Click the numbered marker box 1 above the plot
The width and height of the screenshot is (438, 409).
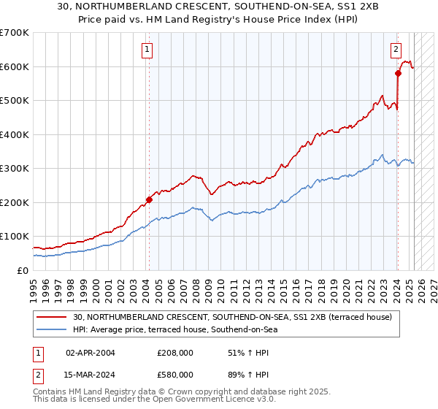tap(147, 50)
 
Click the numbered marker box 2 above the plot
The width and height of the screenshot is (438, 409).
tap(396, 50)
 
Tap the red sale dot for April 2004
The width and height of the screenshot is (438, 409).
tap(149, 199)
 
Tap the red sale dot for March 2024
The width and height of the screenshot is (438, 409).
tap(398, 73)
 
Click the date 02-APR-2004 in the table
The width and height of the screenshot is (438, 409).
tap(91, 352)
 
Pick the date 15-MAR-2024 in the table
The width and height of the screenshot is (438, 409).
tap(91, 374)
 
